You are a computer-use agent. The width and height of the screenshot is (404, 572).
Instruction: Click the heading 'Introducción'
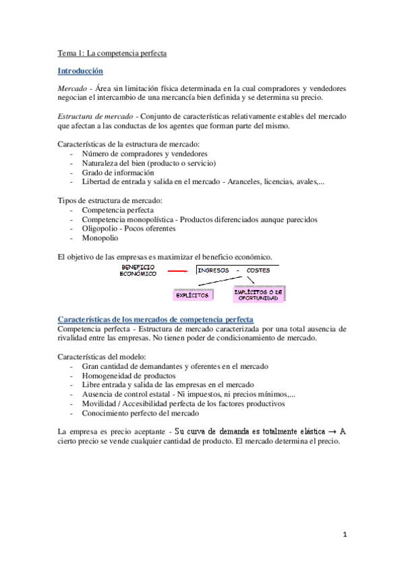point(80,70)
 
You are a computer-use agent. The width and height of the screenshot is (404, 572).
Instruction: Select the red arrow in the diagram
point(177,271)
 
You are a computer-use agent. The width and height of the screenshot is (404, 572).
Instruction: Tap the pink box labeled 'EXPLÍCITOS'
point(192,295)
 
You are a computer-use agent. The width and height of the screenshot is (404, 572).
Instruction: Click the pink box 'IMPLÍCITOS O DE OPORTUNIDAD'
point(259,293)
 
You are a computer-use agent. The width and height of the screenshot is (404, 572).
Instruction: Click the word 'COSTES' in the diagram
point(260,270)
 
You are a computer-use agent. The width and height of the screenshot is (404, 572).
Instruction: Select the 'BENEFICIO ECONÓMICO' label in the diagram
point(138,270)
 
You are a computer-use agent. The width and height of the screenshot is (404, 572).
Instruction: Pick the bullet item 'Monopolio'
point(100,238)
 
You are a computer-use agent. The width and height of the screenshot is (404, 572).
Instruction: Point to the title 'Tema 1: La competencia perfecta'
point(111,53)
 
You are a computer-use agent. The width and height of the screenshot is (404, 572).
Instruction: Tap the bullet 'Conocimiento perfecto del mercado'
point(140,413)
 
